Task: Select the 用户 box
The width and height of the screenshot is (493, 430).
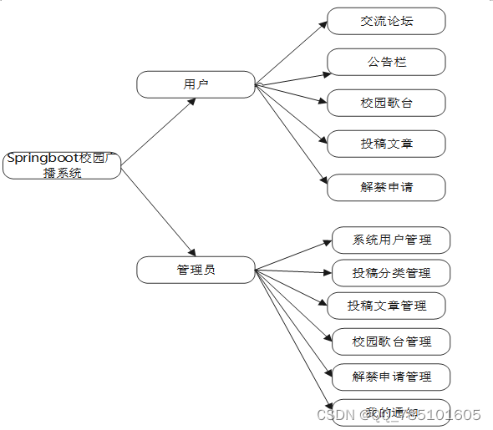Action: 196,84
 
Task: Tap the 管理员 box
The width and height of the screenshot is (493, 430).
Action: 196,270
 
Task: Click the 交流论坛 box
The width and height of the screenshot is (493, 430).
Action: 386,21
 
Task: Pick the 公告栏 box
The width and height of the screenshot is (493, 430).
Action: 386,62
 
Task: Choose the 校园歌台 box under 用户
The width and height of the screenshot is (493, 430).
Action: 386,103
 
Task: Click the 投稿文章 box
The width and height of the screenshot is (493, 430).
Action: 386,144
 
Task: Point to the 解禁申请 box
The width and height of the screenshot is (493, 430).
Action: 386,187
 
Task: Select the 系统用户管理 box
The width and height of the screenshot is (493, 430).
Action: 391,240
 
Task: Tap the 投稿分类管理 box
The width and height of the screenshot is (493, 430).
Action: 391,273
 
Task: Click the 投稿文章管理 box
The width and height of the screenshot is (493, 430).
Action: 386,306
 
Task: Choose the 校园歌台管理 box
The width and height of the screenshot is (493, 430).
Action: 391,341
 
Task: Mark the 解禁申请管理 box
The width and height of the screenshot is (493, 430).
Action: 391,377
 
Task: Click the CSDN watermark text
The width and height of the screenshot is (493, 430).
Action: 399,415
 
